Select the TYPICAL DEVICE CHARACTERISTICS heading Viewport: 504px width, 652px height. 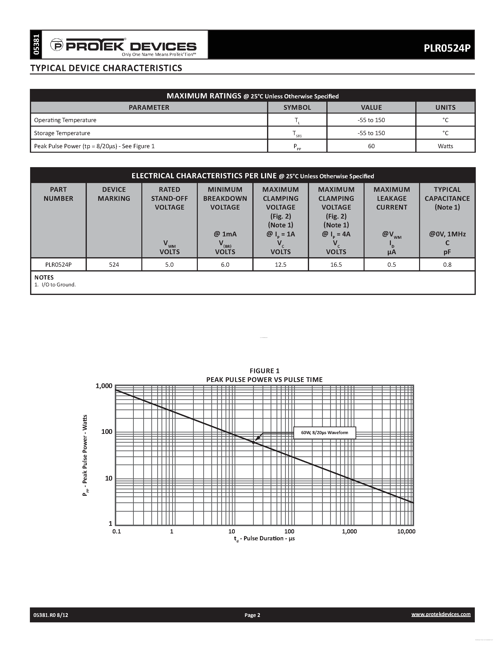click(x=106, y=68)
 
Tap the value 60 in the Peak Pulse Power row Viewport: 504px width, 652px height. click(x=371, y=146)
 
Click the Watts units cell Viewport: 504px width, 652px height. click(x=445, y=146)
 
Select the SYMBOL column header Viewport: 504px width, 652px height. click(x=297, y=107)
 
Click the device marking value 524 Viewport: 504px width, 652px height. click(x=114, y=265)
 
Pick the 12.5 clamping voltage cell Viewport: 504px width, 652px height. click(x=280, y=265)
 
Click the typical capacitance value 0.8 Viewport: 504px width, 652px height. click(x=447, y=265)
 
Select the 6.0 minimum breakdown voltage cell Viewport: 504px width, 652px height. click(x=225, y=265)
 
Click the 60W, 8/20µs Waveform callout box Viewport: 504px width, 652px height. click(x=324, y=433)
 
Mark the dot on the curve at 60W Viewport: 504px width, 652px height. click(x=254, y=442)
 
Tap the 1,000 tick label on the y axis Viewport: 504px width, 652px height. click(x=104, y=386)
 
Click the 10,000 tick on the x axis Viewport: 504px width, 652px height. click(x=406, y=531)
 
